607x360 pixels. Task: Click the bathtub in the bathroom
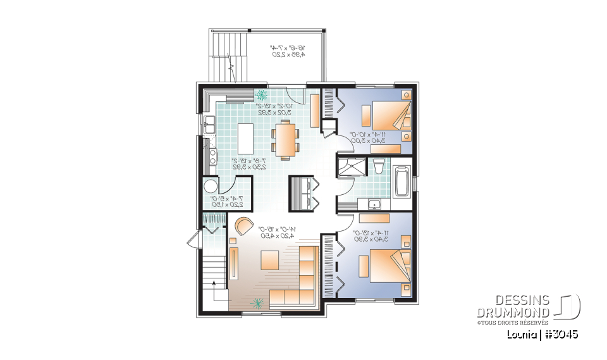pos(402,182)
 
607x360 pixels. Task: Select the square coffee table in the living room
pos(270,259)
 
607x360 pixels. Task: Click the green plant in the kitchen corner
pos(261,96)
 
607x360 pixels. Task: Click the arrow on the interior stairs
pos(219,292)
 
